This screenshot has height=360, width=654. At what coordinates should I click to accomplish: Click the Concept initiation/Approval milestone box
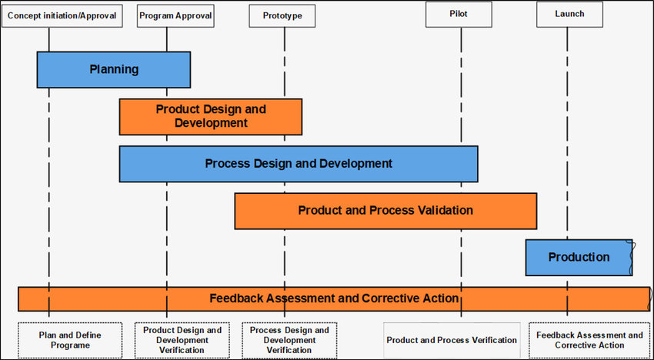[62, 16]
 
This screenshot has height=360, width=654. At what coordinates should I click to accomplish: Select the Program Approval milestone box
[175, 16]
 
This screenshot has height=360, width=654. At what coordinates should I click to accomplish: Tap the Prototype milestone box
[282, 16]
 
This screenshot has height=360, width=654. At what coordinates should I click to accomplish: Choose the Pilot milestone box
[459, 14]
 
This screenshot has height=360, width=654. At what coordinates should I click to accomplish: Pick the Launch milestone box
[569, 14]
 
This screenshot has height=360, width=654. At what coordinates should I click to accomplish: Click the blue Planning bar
[114, 70]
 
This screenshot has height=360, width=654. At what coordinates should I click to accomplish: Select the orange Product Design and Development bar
[211, 117]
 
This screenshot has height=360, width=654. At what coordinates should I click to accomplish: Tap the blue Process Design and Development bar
[299, 164]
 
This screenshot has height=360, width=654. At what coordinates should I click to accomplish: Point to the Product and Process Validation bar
[385, 211]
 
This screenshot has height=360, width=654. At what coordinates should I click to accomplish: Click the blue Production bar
[579, 258]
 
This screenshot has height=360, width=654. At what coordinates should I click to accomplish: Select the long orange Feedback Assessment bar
[334, 298]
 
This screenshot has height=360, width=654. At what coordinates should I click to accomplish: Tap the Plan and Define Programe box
[70, 341]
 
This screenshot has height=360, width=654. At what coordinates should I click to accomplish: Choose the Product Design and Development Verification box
[182, 341]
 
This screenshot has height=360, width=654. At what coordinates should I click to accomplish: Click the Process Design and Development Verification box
[289, 341]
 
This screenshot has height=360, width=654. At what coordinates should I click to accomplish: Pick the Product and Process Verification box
[452, 341]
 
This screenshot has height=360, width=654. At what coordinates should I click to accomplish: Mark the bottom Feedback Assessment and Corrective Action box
[589, 341]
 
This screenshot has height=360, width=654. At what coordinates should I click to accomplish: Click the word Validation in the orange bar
[445, 210]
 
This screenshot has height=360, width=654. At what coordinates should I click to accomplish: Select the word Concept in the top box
[22, 16]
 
